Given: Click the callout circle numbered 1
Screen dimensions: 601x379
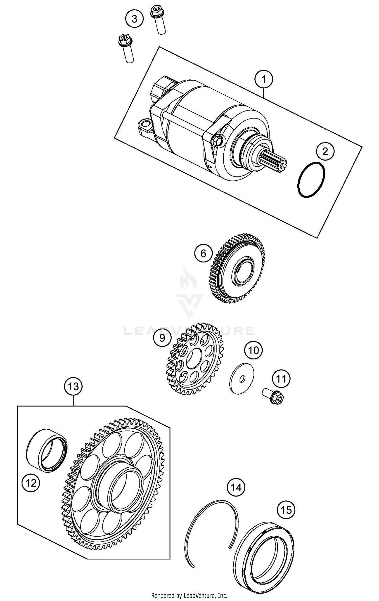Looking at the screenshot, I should tap(264, 79).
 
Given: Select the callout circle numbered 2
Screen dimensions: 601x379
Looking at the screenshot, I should tap(325, 151).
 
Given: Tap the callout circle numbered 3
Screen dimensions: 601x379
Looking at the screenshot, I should tap(134, 19).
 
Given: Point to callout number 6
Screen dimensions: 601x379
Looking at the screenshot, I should tap(203, 253).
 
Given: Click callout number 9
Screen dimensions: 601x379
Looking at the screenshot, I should tap(162, 338).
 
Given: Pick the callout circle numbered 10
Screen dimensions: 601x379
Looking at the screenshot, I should tap(253, 350).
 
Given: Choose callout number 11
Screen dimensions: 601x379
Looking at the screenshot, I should tap(281, 379).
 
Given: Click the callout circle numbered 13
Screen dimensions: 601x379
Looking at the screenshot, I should tap(73, 387).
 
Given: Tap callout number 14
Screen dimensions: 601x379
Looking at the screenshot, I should tap(236, 487).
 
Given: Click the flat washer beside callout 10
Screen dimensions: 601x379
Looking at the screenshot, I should tap(242, 378).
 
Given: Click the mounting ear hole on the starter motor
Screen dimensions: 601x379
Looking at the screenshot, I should tap(146, 124).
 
